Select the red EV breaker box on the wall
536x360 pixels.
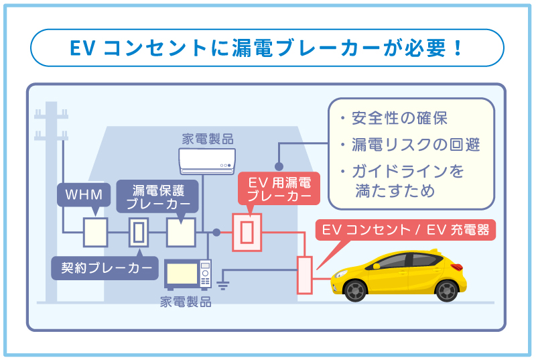pyautogui.click(x=246, y=233)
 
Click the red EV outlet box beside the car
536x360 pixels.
pyautogui.click(x=305, y=274)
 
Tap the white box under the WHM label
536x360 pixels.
pyautogui.click(x=95, y=233)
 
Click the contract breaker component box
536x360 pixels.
pyautogui.click(x=138, y=233)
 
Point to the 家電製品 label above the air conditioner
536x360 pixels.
pyautogui.click(x=208, y=139)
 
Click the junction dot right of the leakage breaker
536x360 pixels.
pyautogui.click(x=216, y=233)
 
